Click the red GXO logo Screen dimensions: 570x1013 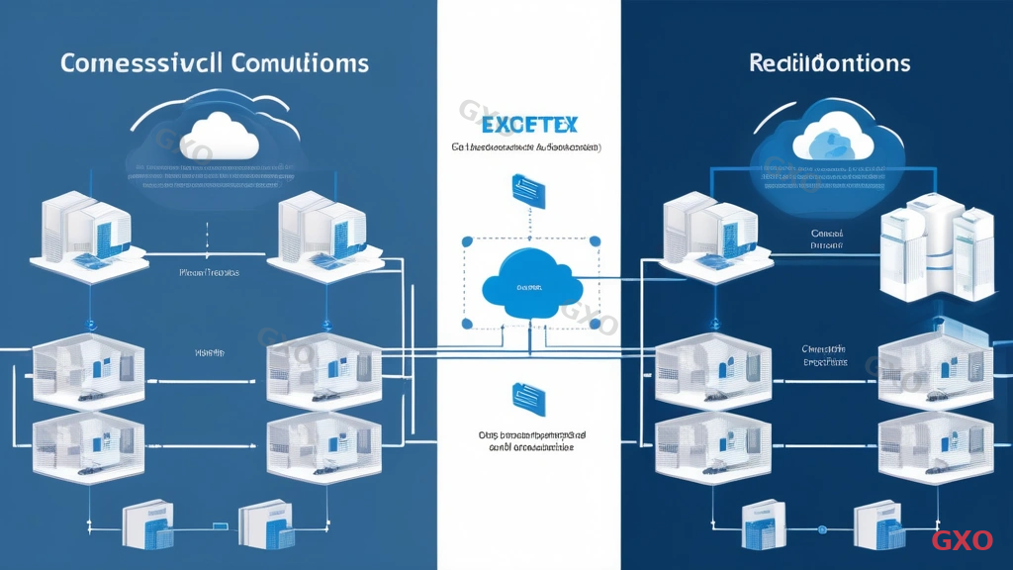[962, 540]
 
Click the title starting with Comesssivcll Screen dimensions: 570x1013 [215, 63]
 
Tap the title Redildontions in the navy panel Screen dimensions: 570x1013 [829, 63]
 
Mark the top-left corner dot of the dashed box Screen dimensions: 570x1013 [464, 238]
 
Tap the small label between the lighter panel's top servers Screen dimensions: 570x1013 [208, 270]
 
